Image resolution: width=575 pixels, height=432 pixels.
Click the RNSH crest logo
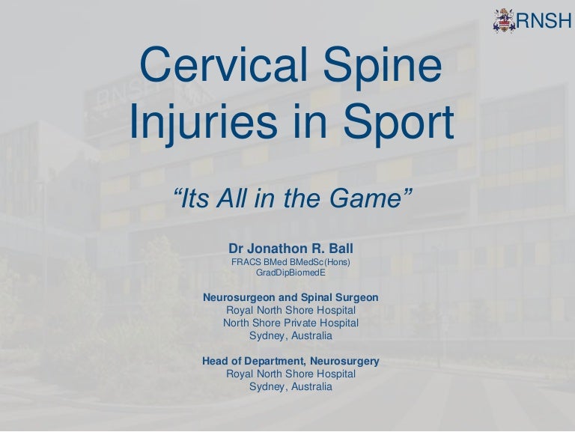505,21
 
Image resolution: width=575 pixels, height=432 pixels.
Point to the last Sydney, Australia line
290,387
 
